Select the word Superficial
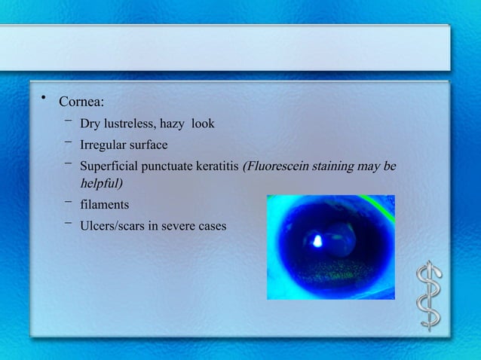pos(109,166)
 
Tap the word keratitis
pos(217,166)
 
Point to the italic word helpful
pos(102,183)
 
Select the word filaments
pos(105,205)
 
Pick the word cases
pos(213,226)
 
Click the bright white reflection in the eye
pos(317,242)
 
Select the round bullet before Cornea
pos(44,96)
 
